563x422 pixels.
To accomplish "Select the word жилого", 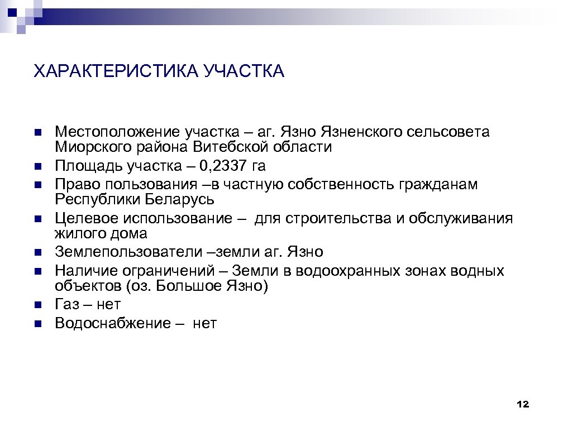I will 76,233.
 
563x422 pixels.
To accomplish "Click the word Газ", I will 66,305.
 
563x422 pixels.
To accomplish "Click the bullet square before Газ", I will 37,305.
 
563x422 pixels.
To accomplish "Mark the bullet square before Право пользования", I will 37,185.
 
